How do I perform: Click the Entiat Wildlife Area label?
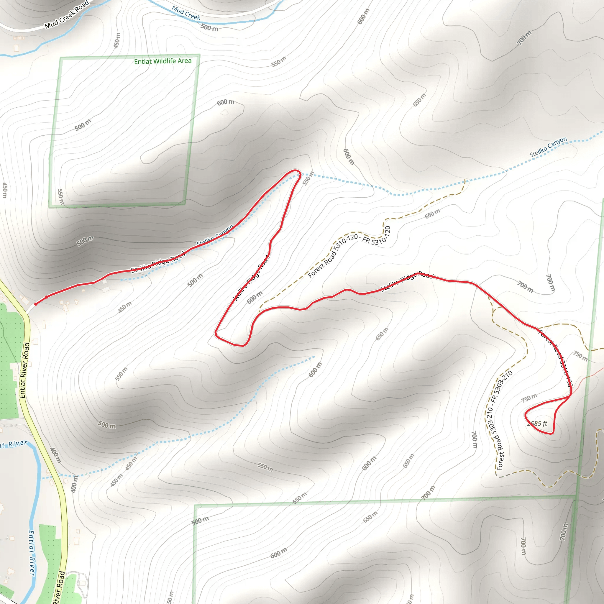tap(163, 61)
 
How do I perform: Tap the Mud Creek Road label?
tap(67, 15)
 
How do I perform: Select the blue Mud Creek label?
tap(186, 13)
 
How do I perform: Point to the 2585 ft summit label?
tap(537, 424)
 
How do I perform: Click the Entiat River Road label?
tap(25, 370)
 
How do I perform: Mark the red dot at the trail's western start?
tap(36, 304)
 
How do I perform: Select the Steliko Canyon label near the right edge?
tap(548, 147)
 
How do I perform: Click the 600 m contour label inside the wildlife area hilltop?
tap(225, 102)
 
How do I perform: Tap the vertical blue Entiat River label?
tap(32, 553)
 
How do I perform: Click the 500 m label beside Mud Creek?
tap(209, 27)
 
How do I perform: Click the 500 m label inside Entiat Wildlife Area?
tap(83, 125)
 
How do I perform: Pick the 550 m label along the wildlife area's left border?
tap(61, 197)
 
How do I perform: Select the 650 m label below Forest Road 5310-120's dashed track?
tap(432, 214)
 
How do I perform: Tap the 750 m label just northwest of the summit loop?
tap(529, 398)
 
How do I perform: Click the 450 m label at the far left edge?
tap(5, 190)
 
